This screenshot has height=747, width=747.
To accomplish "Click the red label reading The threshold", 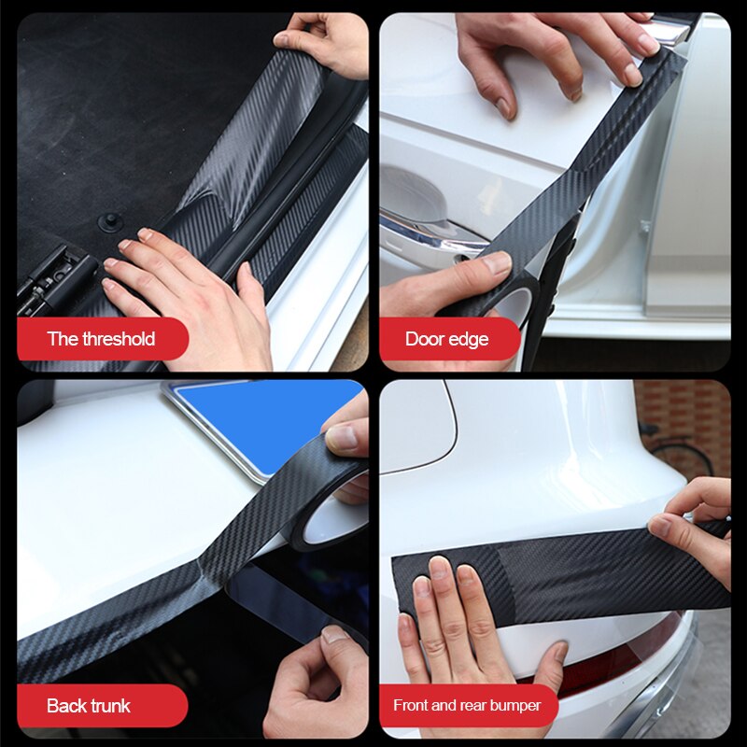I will (101, 338).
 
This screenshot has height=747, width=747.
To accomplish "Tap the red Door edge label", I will (447, 338).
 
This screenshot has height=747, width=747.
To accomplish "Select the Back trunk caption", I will (90, 706).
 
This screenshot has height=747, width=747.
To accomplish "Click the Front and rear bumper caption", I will (467, 706).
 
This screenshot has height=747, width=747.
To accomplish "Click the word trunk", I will (110, 706).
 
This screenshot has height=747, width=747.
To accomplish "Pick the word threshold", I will (119, 338).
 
